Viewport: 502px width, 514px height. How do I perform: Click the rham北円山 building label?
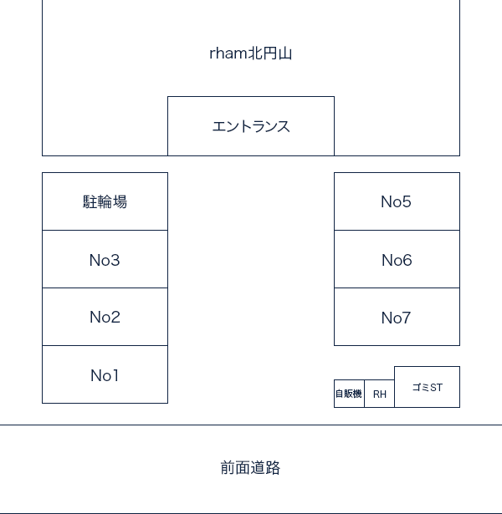(x=251, y=53)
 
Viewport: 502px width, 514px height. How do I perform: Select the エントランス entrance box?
(x=251, y=126)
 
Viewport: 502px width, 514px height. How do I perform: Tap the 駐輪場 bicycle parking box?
(x=105, y=201)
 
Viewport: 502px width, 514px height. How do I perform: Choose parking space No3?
(x=105, y=259)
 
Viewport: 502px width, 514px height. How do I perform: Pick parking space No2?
(x=105, y=317)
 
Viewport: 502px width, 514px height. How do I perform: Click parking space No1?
(x=105, y=374)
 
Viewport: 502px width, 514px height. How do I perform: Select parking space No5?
(x=397, y=201)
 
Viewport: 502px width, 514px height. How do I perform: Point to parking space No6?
(x=397, y=259)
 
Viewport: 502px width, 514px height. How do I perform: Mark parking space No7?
(x=397, y=317)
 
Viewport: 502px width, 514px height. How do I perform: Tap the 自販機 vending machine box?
(x=349, y=394)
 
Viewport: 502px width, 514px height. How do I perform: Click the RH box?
(x=379, y=394)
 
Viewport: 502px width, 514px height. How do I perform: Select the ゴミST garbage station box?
(x=428, y=387)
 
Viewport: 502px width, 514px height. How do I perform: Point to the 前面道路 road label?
(x=250, y=468)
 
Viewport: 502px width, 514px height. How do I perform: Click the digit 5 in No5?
(x=406, y=201)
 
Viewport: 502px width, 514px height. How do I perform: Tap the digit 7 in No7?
(x=406, y=318)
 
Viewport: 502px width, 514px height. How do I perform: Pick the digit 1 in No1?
(x=114, y=375)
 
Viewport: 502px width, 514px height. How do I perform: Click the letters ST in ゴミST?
(x=436, y=388)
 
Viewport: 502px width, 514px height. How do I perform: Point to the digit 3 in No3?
(x=115, y=260)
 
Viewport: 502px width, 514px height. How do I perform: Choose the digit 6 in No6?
(x=407, y=260)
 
